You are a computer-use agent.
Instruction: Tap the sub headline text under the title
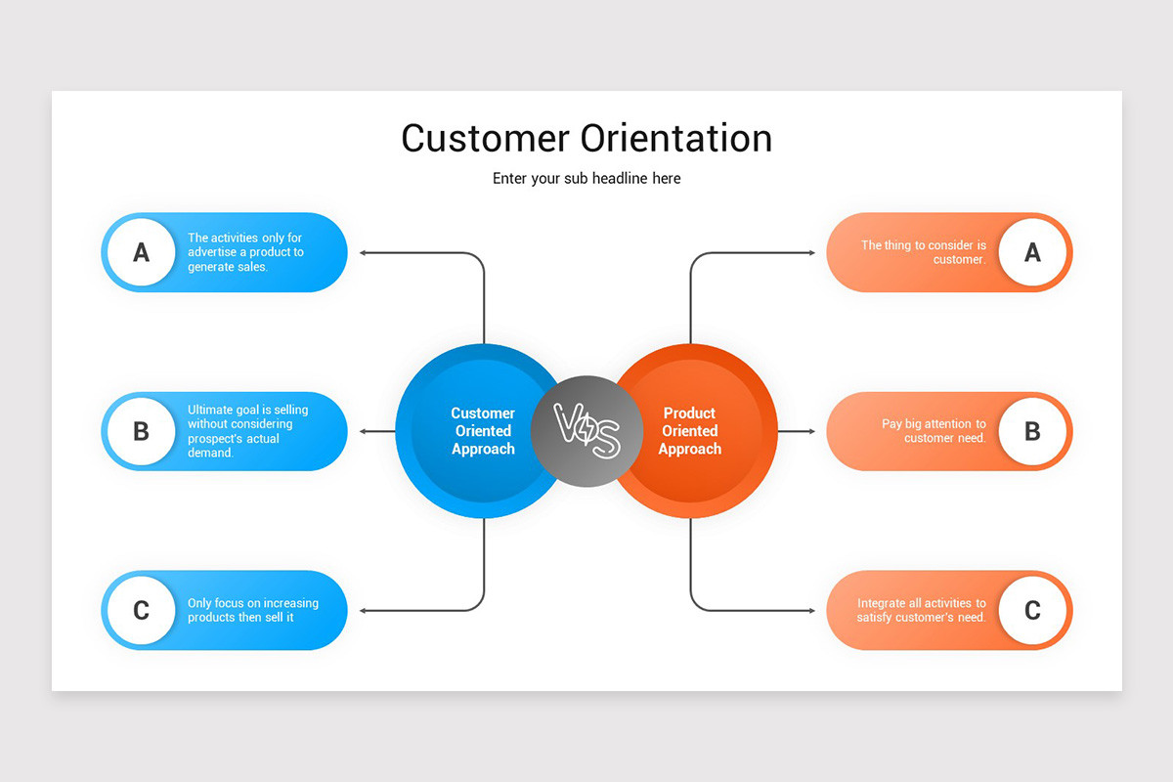click(x=586, y=179)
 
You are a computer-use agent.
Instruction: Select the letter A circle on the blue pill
click(x=141, y=252)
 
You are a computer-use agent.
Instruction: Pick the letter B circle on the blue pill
click(x=141, y=431)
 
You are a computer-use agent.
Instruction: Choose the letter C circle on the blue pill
click(x=141, y=610)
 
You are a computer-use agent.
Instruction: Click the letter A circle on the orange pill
click(x=1032, y=252)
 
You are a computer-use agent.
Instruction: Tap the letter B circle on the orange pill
click(x=1032, y=431)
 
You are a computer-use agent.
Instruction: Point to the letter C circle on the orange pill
click(x=1032, y=610)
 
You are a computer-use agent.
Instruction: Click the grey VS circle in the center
click(x=587, y=431)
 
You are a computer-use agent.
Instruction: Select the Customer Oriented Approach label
click(x=483, y=431)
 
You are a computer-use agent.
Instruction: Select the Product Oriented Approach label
click(x=690, y=431)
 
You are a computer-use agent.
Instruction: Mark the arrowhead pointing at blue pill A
click(x=364, y=252)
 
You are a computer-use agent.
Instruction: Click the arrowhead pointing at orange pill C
click(x=810, y=610)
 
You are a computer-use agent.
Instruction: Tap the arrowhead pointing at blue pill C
click(x=364, y=610)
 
